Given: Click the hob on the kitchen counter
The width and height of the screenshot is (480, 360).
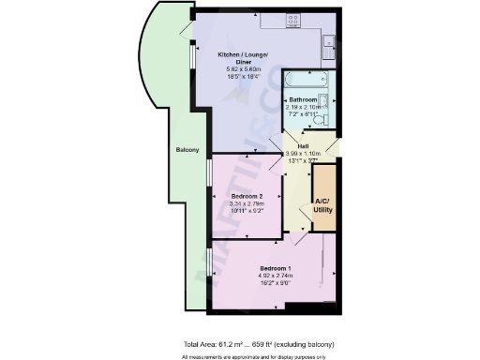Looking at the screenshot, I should click(292, 18).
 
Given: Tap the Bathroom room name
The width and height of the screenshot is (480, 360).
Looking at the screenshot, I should click(303, 99).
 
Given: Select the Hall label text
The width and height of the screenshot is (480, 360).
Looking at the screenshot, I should click(303, 145).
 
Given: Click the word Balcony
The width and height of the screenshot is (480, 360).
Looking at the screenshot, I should click(187, 149).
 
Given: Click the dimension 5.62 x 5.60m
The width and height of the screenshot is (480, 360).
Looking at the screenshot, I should click(240, 70).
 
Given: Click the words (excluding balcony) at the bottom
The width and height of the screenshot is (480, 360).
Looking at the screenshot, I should click(308, 344).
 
